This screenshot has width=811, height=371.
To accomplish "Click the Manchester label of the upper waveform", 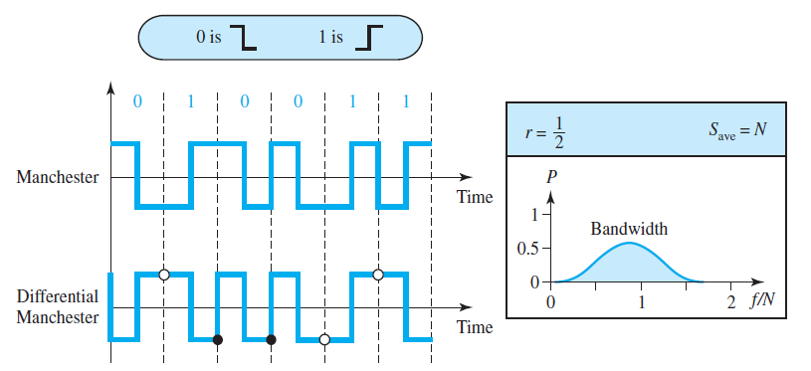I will point(57,178).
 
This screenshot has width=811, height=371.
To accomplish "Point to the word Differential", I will point(57,296).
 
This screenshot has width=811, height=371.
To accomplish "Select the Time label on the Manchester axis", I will point(475,197).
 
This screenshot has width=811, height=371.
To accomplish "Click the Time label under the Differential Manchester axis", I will point(475,327).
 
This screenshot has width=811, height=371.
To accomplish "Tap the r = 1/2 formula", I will point(546,129).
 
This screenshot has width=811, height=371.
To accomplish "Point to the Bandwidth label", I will point(629,229).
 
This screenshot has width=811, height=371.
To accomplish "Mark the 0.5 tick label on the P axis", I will point(526,248).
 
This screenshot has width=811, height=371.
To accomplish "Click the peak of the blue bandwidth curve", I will point(627,244).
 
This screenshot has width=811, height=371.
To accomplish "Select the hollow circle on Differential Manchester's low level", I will point(324,340).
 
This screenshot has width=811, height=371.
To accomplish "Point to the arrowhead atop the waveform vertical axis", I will point(110,86).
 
